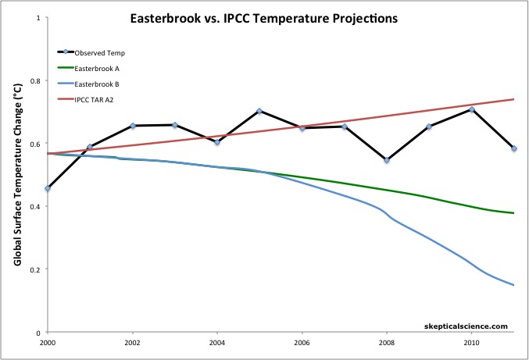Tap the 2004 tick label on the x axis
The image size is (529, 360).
pyautogui.click(x=217, y=341)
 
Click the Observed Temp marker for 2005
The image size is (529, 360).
pyautogui.click(x=259, y=111)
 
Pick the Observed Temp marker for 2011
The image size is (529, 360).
pyautogui.click(x=514, y=148)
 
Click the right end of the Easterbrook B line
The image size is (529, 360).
pyautogui.click(x=514, y=285)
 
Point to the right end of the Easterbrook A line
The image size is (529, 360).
pyautogui.click(x=514, y=213)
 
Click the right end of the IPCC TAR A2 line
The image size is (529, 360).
pyautogui.click(x=514, y=99)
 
